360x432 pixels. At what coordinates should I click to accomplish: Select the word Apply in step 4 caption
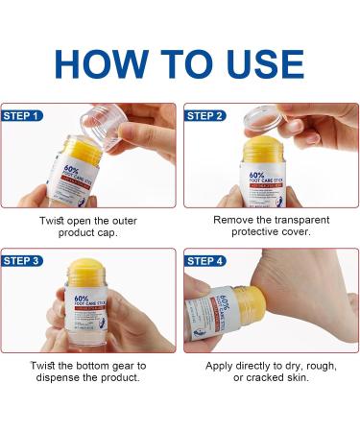pos(222,365)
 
